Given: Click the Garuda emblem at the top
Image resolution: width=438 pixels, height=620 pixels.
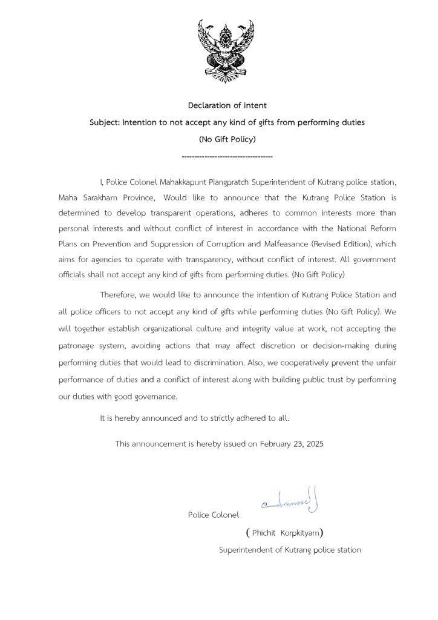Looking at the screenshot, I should (226, 51).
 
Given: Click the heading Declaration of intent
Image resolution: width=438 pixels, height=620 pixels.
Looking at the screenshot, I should (227, 105).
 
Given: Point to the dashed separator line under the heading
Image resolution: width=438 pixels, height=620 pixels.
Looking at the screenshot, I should (227, 157).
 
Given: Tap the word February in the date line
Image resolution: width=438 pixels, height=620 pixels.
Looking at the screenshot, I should (277, 444).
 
